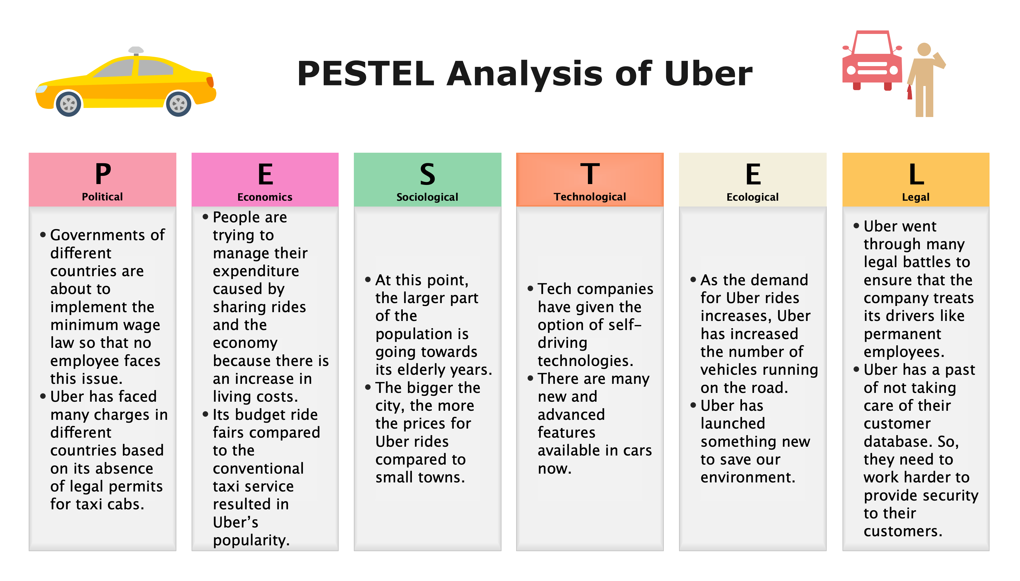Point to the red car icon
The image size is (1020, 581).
(x=872, y=60)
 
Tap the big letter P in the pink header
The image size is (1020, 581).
(x=103, y=174)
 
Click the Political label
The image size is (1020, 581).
(x=102, y=197)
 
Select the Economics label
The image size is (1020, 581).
(x=265, y=197)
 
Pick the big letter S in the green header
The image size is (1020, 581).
(x=427, y=174)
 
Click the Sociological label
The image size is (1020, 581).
(x=427, y=197)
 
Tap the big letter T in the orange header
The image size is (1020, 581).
(x=590, y=174)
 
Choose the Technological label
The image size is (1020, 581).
(x=590, y=197)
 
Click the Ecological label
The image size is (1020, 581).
(x=752, y=197)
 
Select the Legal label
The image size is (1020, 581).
(x=915, y=197)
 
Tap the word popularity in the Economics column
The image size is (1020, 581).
(x=251, y=541)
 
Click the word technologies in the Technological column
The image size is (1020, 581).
(x=585, y=361)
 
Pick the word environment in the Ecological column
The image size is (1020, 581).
(x=748, y=477)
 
